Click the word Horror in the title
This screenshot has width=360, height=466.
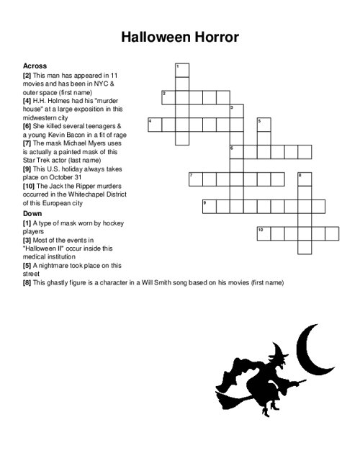tap(214, 37)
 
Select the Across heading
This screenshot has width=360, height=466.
tap(35, 65)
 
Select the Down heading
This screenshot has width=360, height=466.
tap(32, 214)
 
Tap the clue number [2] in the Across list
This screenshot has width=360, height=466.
tap(27, 75)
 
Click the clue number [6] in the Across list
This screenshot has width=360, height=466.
tap(27, 125)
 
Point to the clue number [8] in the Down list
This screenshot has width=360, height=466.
tap(27, 283)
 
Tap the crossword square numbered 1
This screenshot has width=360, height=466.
tap(181, 70)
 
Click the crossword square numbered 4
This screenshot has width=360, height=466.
tap(154, 125)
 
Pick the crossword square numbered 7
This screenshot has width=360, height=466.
tap(195, 179)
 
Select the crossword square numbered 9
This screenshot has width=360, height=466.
tap(209, 206)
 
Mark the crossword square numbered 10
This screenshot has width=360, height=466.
tap(264, 233)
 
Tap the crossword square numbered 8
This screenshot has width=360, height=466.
tap(304, 179)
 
